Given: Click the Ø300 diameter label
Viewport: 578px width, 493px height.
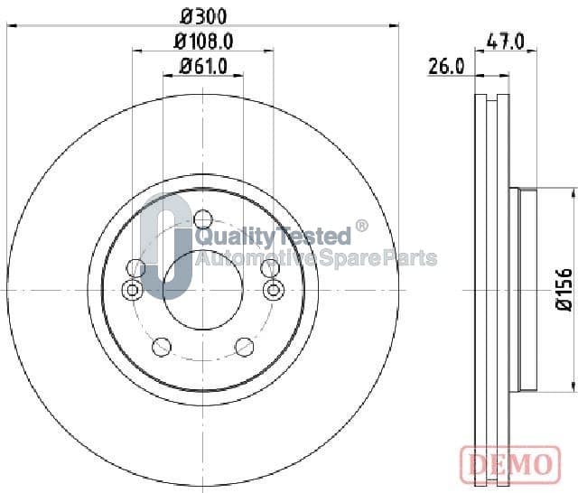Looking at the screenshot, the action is coord(203,16).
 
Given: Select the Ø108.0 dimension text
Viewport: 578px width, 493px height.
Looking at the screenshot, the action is coord(203,42).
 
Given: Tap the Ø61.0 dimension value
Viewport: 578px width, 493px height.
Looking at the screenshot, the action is coord(203,67).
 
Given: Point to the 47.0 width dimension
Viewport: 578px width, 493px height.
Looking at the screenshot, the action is coord(505,42).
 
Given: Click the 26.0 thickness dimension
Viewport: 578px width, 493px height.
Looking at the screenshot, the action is coord(446,67).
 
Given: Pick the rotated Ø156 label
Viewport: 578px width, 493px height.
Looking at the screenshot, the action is coord(564,290).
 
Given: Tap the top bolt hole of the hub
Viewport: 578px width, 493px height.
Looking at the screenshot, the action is coord(202,219).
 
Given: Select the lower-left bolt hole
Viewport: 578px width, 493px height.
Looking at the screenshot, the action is coord(162,347).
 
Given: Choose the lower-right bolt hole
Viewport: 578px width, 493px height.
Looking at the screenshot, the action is coord(245,347).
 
